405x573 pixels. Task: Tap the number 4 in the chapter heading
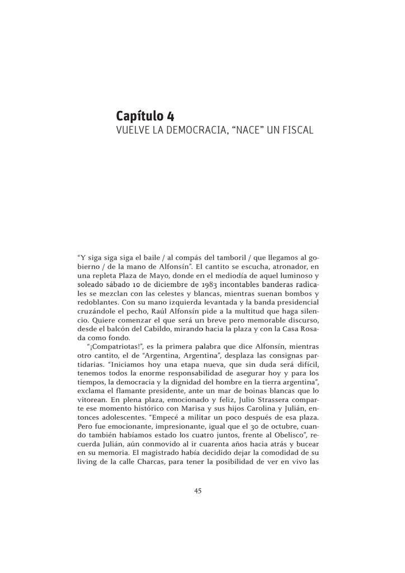coord(170,116)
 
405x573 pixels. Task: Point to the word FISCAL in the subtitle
coord(296,131)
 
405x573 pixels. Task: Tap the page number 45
coord(198,491)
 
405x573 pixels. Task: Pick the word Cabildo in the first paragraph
coord(175,330)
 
